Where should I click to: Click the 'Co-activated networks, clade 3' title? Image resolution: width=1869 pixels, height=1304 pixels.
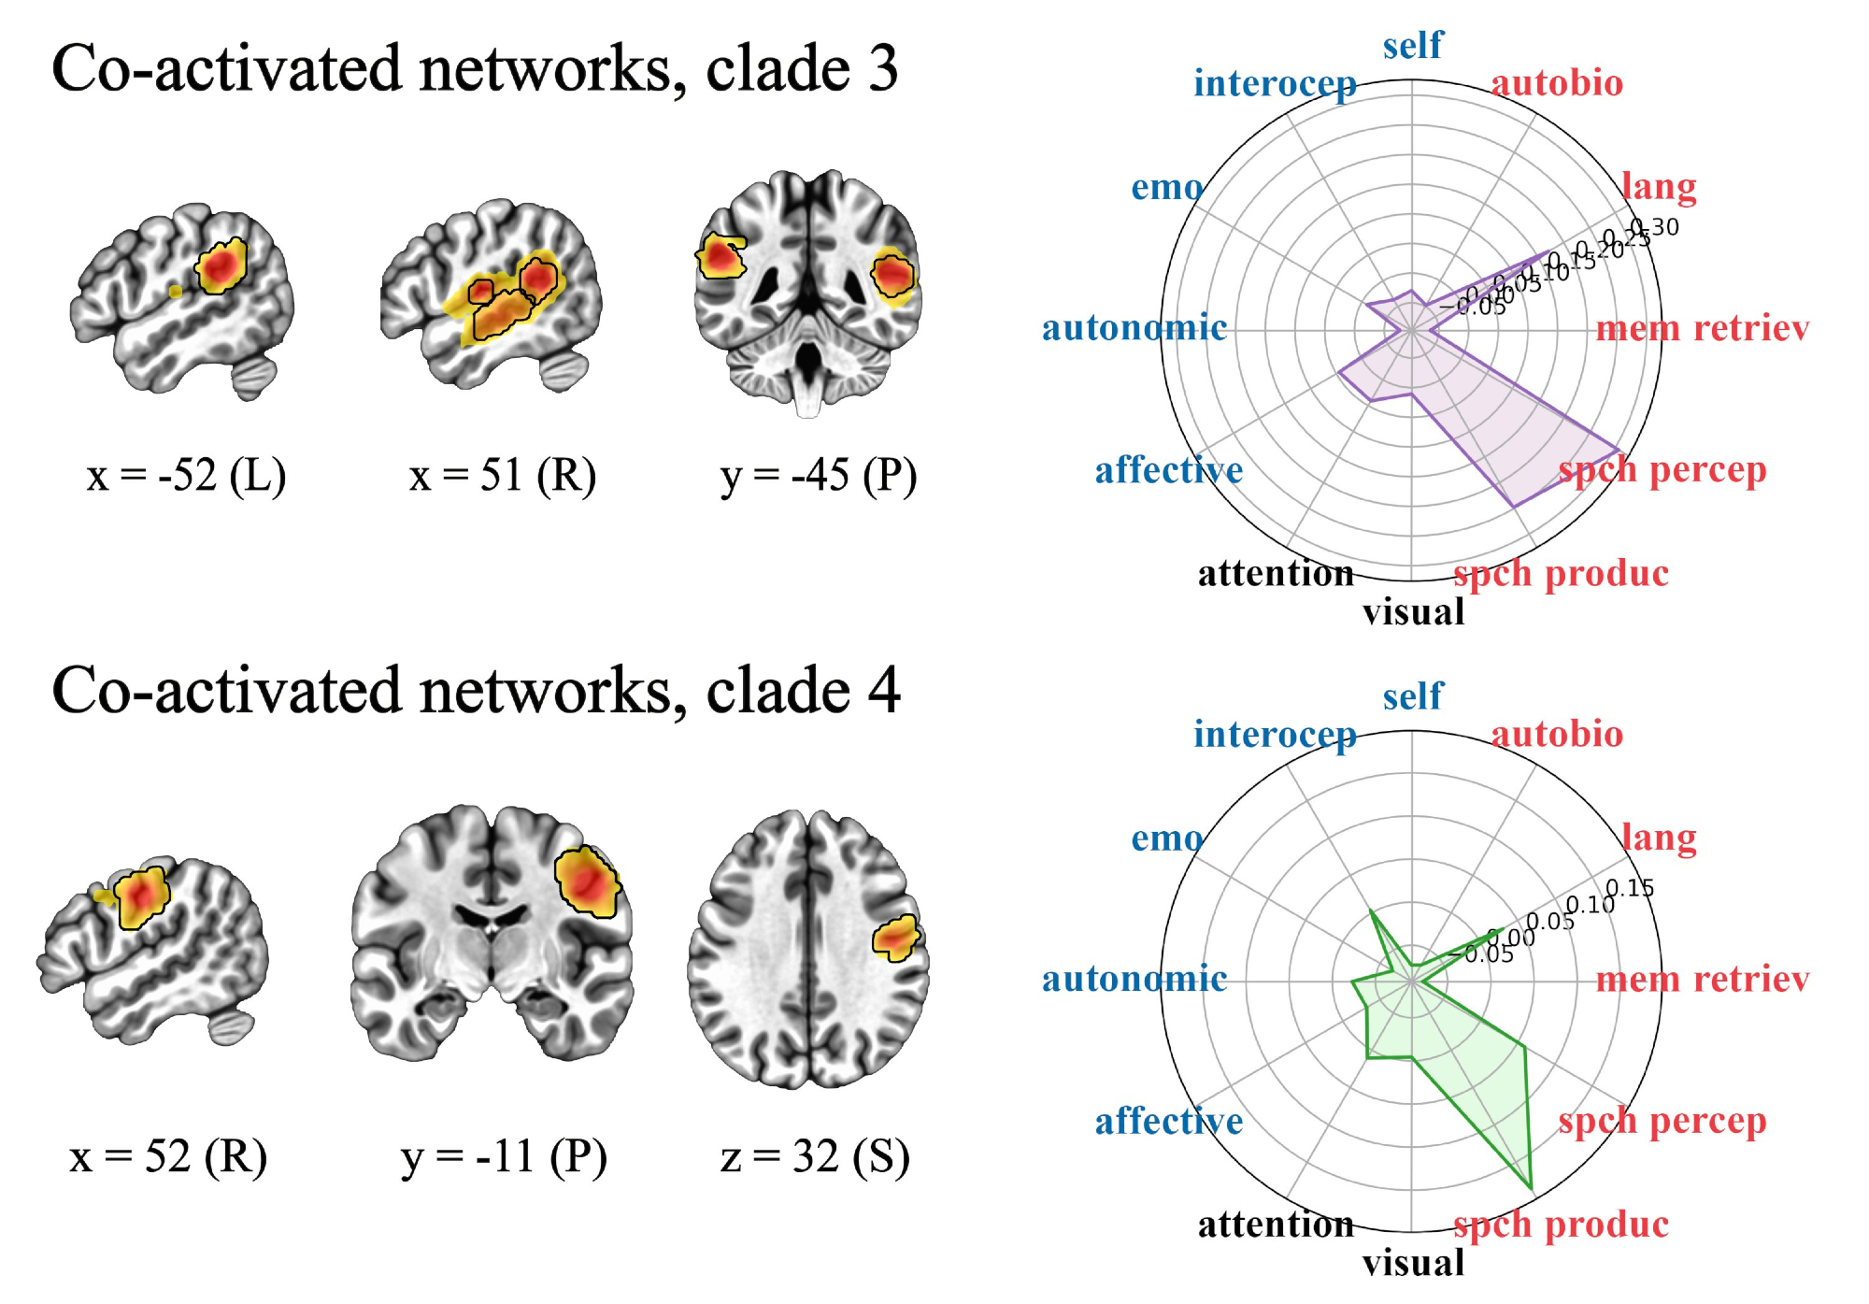(475, 69)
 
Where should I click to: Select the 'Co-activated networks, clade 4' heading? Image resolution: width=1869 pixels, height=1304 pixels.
(476, 691)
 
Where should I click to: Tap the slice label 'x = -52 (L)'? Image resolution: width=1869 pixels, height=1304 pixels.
(186, 476)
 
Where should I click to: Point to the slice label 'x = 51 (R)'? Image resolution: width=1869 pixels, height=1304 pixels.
(503, 476)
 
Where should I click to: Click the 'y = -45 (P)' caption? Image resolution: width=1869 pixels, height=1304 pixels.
(819, 476)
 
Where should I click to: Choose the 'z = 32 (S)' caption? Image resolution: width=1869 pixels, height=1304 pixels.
(815, 1157)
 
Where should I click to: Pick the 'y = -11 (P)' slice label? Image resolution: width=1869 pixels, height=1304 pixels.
(504, 1157)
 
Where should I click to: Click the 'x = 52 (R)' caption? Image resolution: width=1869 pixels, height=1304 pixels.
(168, 1157)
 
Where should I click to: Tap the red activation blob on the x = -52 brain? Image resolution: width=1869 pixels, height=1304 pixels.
(221, 266)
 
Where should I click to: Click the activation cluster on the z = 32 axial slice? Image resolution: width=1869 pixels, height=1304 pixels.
(896, 938)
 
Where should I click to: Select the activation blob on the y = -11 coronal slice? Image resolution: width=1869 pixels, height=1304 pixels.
(587, 881)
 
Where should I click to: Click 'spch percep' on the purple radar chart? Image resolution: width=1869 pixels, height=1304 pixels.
(1662, 470)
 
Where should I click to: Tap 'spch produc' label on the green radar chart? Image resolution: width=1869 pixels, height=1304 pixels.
(1561, 1225)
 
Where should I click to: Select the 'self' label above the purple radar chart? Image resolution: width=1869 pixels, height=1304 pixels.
(1413, 45)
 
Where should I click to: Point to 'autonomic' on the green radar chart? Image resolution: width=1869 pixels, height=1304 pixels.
(1134, 980)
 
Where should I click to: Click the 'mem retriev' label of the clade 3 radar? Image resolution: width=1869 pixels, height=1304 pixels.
(1703, 328)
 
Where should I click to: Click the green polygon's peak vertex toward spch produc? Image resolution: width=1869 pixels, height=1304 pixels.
(1532, 1188)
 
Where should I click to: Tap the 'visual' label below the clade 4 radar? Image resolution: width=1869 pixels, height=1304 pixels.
(1413, 1264)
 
